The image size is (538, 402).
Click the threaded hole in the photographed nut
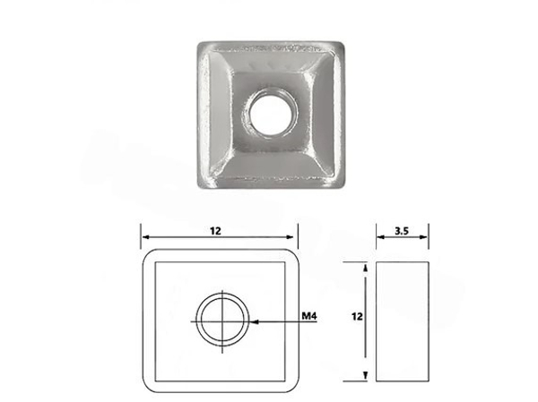click(x=269, y=114)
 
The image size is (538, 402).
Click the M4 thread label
click(x=308, y=316)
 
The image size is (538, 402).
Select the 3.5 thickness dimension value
click(x=402, y=231)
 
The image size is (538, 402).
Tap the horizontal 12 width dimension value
click(x=215, y=231)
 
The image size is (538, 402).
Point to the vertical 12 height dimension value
click(x=357, y=316)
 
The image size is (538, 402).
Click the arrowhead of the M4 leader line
click(x=255, y=321)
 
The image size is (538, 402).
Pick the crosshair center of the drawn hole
click(x=222, y=321)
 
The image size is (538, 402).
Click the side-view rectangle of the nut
click(x=402, y=321)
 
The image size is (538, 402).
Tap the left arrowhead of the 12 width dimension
click(x=145, y=237)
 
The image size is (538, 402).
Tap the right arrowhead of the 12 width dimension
click(x=291, y=237)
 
